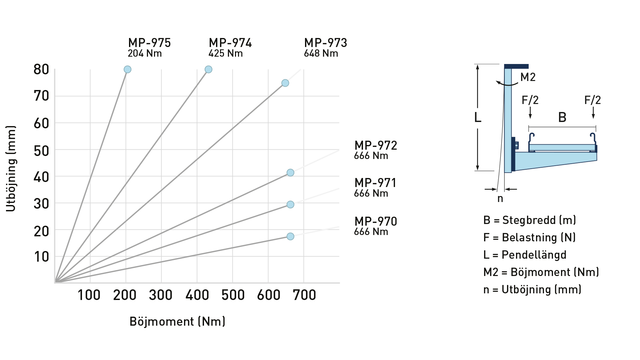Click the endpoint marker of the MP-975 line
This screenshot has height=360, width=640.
[x=127, y=69]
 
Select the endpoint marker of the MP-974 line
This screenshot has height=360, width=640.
[x=208, y=69]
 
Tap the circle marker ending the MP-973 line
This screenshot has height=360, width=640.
[x=285, y=83]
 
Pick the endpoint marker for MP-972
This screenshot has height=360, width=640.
[x=290, y=173]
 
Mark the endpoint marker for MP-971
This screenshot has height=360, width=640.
[x=290, y=204]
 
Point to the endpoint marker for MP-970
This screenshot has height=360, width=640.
[x=290, y=236]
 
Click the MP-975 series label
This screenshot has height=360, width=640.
[x=149, y=43]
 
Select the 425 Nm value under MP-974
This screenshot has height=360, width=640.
[x=226, y=53]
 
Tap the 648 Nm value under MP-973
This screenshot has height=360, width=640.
[x=321, y=53]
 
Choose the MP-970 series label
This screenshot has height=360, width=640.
[x=376, y=222]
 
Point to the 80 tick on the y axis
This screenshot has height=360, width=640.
[x=41, y=70]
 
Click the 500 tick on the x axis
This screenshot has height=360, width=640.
[x=233, y=295]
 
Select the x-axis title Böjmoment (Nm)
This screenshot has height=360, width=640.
[x=177, y=322]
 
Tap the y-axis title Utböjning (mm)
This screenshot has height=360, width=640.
[x=11, y=169]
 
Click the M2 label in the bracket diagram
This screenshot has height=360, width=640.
[x=528, y=77]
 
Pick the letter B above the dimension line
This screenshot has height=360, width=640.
[x=562, y=117]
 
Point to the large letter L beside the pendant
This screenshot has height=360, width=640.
[x=478, y=117]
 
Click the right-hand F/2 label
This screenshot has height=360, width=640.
[x=593, y=100]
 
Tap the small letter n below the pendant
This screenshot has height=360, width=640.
[x=500, y=199]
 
